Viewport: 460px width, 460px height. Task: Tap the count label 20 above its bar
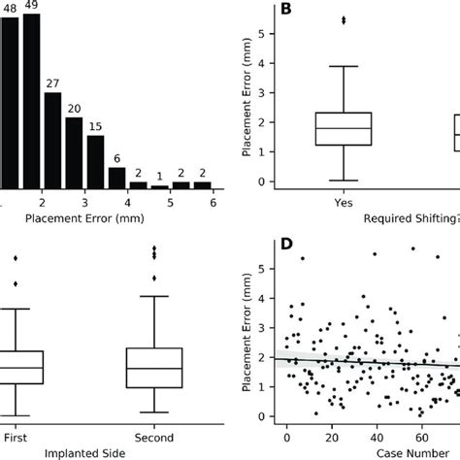[x=74, y=108]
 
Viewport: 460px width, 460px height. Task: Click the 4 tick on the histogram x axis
[x=125, y=205]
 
